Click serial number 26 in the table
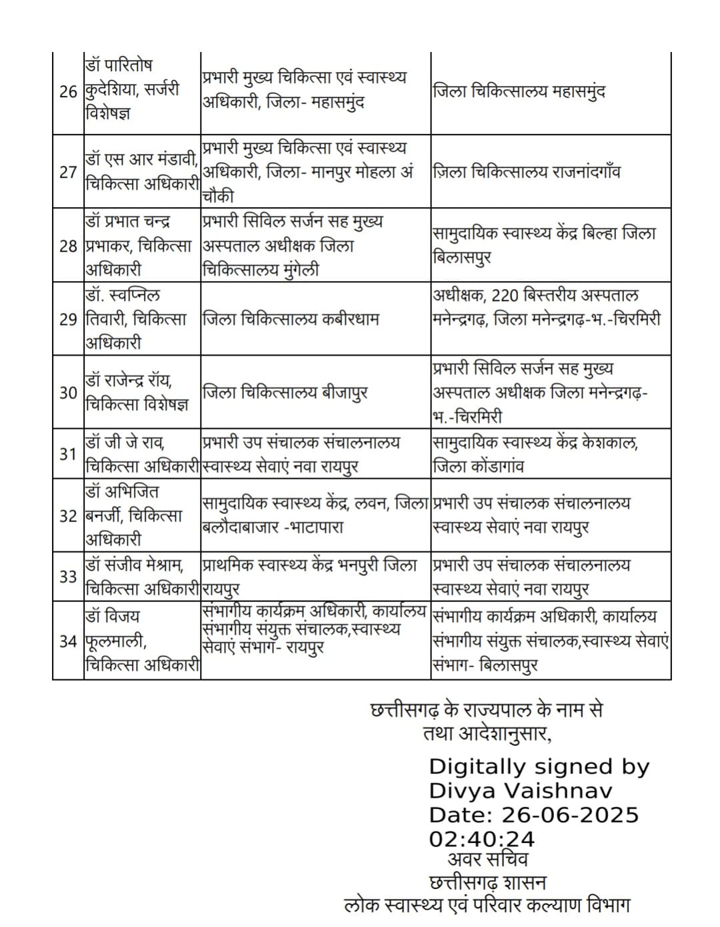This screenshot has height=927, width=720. [68, 92]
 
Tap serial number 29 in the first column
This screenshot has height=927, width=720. [68, 319]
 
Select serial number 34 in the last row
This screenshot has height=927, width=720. [68, 641]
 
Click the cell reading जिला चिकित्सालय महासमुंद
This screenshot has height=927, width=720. [519, 91]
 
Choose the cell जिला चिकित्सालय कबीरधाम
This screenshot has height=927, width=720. [291, 319]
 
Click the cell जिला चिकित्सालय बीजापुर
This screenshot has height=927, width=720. [285, 393]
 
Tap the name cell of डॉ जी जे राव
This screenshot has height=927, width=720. [141, 454]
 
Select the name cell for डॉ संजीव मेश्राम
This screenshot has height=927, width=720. [141, 577]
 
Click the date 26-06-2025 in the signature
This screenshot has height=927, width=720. [570, 815]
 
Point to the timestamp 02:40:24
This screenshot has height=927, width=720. [481, 838]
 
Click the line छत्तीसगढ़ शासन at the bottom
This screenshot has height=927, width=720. [487, 883]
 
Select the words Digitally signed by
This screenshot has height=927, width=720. [539, 767]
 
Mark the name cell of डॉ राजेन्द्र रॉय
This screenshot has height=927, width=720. [141, 393]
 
